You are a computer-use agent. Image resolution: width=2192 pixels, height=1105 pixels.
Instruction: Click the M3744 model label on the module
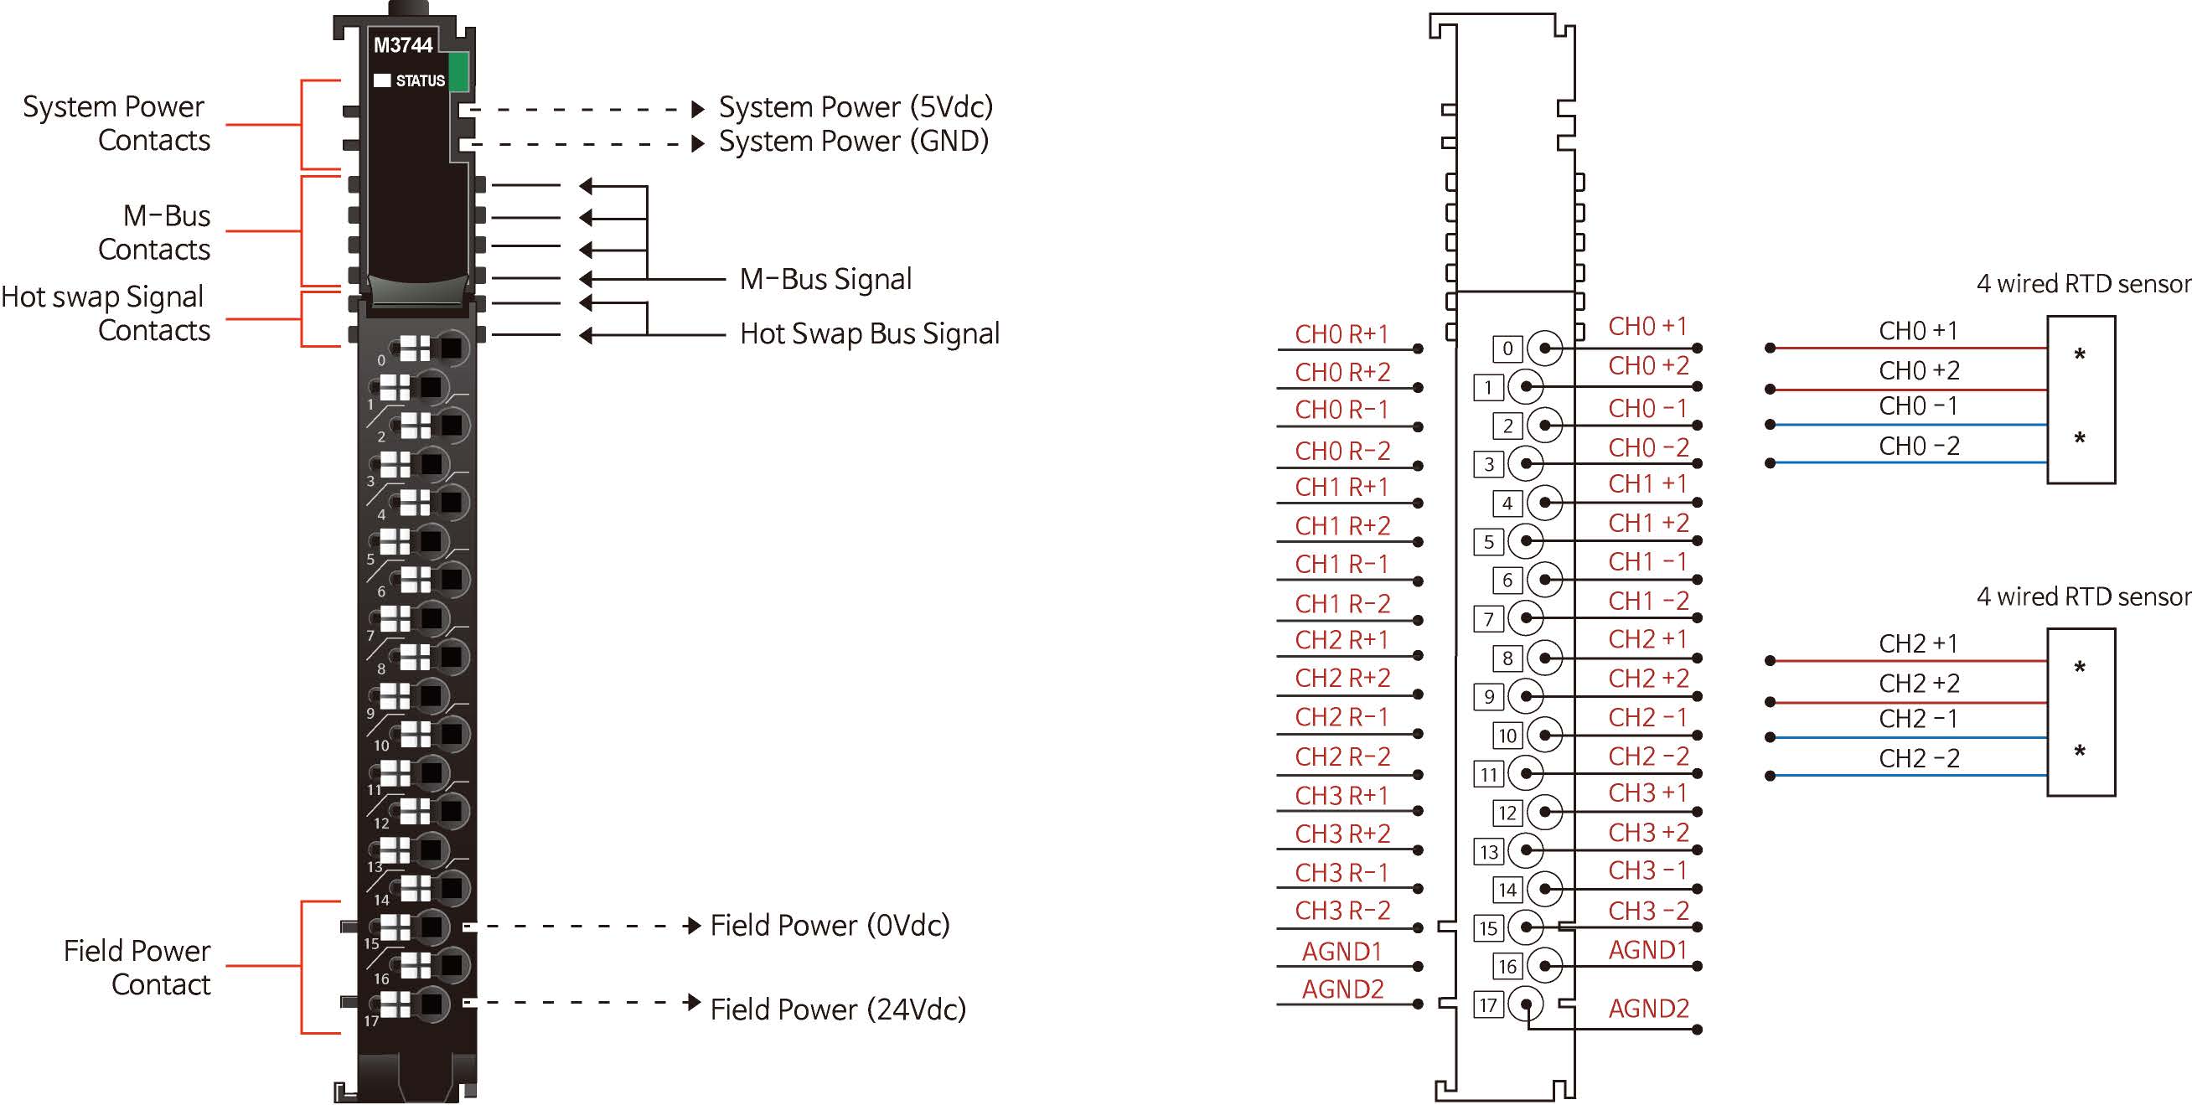(x=403, y=45)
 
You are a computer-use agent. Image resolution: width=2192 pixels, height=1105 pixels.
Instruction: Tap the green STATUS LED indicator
(x=458, y=71)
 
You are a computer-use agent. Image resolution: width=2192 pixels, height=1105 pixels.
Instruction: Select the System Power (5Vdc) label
(x=856, y=107)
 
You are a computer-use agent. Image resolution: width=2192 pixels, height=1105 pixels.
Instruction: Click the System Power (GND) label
(x=854, y=142)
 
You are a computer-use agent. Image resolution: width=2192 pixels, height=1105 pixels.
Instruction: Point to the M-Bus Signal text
(x=825, y=279)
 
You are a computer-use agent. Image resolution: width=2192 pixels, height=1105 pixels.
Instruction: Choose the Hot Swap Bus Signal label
(x=869, y=333)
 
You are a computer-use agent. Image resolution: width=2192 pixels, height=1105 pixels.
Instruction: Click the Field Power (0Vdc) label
(x=830, y=925)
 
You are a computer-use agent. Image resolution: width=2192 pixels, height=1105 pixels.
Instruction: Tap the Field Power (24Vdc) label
(x=837, y=1009)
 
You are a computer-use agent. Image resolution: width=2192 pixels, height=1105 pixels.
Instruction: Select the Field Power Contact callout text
(x=137, y=968)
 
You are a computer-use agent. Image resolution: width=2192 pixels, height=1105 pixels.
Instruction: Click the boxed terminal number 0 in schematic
(x=1507, y=348)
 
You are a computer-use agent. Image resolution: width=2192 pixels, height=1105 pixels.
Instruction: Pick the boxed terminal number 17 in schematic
(x=1488, y=1004)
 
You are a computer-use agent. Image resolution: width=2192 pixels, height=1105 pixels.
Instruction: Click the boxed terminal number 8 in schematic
(x=1507, y=658)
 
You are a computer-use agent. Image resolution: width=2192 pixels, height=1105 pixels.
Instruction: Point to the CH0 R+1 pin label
(x=1342, y=334)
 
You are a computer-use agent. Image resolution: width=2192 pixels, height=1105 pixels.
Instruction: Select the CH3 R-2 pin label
(x=1342, y=911)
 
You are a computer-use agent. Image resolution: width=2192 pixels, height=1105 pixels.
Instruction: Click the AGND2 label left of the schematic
(x=1342, y=989)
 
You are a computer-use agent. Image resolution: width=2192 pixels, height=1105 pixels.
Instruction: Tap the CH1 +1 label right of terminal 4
(x=1647, y=484)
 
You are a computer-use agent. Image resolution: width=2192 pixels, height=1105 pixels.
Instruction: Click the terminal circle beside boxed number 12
(x=1544, y=813)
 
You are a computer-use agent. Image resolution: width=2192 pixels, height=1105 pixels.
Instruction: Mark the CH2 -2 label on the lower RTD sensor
(x=1919, y=758)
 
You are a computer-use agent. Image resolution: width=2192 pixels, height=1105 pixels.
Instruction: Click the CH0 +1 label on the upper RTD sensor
(x=1918, y=331)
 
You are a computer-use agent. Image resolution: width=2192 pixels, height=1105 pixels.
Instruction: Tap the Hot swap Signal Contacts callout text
(x=104, y=313)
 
